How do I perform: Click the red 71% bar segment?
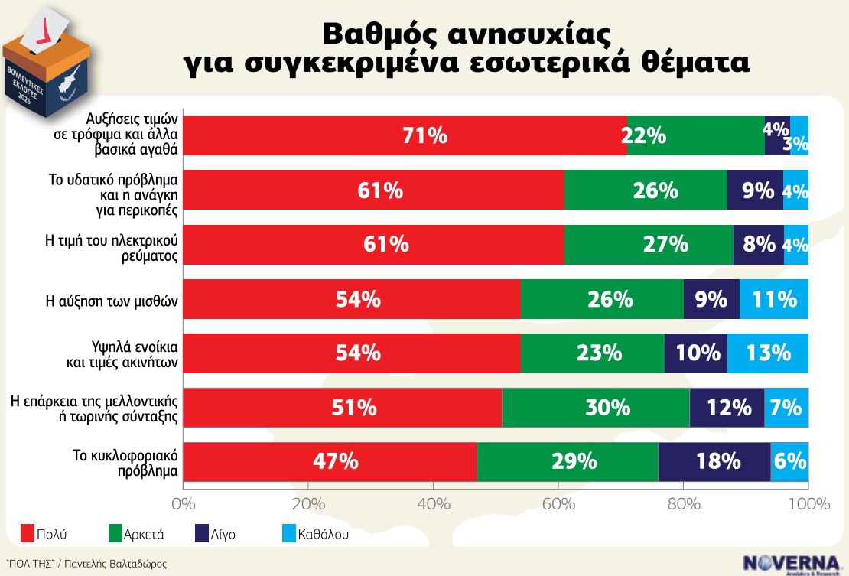pos(405,135)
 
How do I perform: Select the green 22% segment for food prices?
pos(695,135)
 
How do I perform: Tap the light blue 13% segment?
pos(767,353)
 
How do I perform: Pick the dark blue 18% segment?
pos(714,461)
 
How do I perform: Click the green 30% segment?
pos(595,407)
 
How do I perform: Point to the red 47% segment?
pos(330,461)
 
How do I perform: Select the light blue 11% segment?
pos(773,298)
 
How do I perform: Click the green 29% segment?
pos(567,461)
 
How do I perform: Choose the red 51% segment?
pos(343,407)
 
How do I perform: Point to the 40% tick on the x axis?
pos(433,504)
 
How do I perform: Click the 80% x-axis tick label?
pos(684,504)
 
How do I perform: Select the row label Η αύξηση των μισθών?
pos(112,299)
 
